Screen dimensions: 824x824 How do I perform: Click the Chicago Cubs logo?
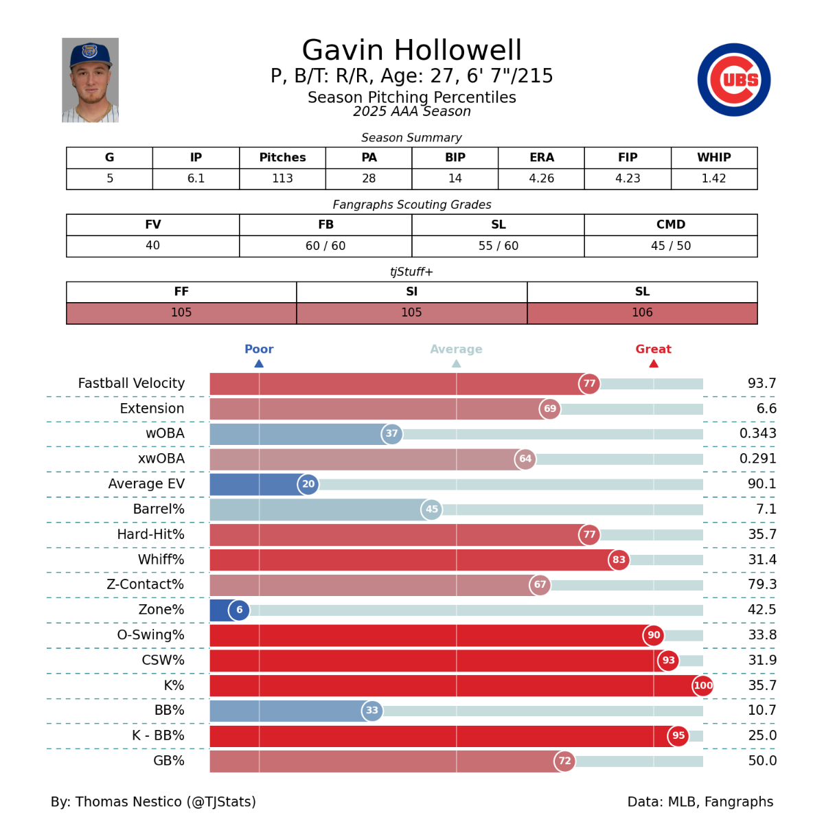click(733, 80)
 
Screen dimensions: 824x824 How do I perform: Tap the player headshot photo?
click(90, 80)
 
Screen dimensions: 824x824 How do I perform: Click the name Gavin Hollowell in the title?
click(411, 50)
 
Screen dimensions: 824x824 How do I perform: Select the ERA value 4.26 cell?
click(541, 179)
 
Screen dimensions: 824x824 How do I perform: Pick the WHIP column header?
click(713, 157)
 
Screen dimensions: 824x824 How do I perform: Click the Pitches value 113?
click(282, 179)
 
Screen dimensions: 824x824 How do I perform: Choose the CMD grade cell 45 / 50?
click(670, 246)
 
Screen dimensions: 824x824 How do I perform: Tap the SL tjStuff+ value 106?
click(642, 313)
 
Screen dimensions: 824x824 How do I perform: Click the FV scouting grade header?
click(152, 225)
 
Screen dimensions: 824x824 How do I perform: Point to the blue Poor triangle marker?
click(259, 363)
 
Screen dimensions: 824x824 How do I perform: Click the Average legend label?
click(456, 349)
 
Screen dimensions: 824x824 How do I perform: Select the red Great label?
click(653, 349)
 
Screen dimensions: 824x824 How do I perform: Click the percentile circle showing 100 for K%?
click(703, 685)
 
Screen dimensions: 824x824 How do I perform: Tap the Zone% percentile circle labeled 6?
click(239, 610)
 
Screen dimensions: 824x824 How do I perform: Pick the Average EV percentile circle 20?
click(308, 484)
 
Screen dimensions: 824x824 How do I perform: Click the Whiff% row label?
click(161, 560)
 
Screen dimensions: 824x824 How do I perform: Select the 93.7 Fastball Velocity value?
click(762, 383)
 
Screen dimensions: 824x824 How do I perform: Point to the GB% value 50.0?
click(762, 761)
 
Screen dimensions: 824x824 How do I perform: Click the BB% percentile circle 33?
click(372, 711)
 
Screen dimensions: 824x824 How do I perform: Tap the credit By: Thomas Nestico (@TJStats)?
click(153, 801)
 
